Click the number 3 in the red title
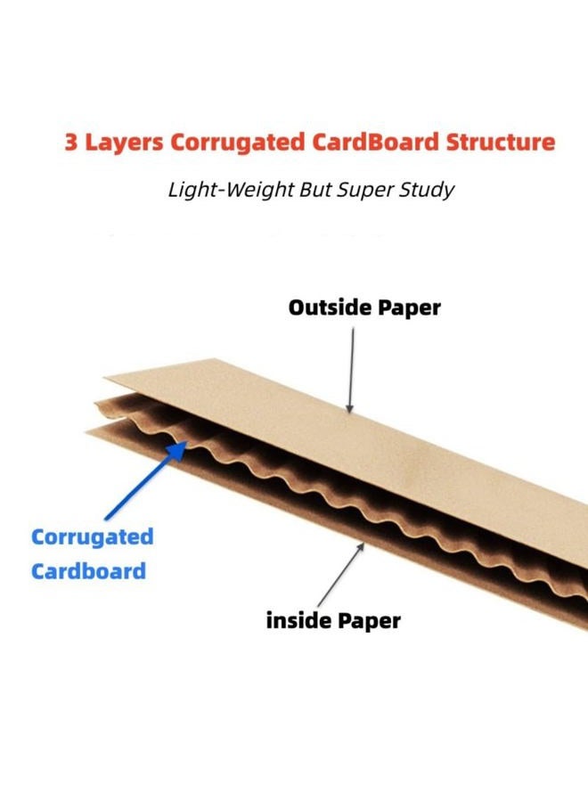point(71,143)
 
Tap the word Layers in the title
point(123,143)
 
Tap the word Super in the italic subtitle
point(365,191)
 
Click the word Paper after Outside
point(405,308)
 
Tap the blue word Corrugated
point(92,538)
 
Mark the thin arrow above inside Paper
point(339,575)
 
